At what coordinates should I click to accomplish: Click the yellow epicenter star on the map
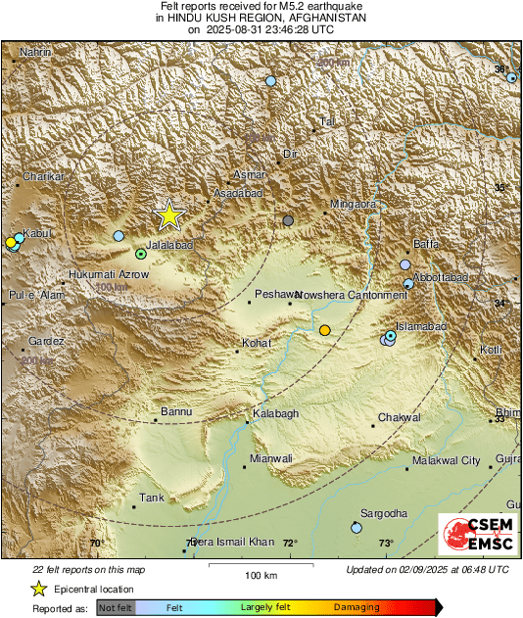[x=169, y=214]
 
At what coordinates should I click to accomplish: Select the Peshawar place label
[x=274, y=294]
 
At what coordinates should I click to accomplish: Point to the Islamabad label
[x=421, y=325]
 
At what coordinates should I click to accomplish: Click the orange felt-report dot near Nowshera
[x=325, y=331]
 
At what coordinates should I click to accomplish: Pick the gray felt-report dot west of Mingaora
[x=288, y=220]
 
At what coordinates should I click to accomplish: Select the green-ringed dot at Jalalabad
[x=141, y=253]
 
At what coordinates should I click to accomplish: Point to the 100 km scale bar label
[x=261, y=575]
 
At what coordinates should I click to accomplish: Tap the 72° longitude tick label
[x=290, y=543]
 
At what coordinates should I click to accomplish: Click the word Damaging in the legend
[x=357, y=608]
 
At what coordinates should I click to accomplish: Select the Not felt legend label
[x=116, y=608]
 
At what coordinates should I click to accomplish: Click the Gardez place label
[x=46, y=341]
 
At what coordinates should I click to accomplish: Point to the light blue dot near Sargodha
[x=357, y=528]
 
